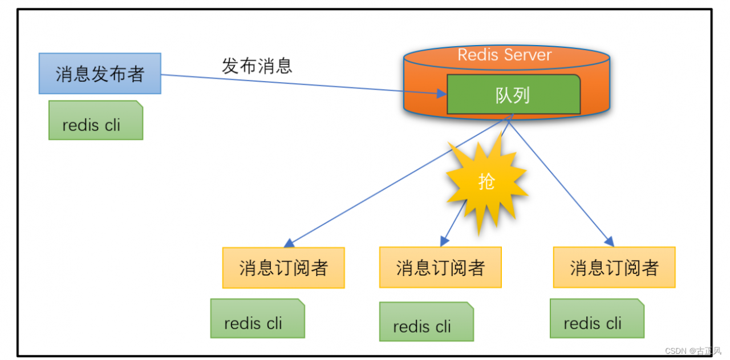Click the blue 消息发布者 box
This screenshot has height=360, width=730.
pyautogui.click(x=100, y=74)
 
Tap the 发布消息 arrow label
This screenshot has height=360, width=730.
pyautogui.click(x=257, y=66)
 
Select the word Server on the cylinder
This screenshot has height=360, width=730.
pyautogui.click(x=529, y=55)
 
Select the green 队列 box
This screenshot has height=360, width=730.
pyautogui.click(x=513, y=95)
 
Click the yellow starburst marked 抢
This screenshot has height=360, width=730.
pyautogui.click(x=486, y=182)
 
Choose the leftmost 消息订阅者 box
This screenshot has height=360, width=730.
pyautogui.click(x=283, y=268)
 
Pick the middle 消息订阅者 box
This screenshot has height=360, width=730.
pyautogui.click(x=440, y=267)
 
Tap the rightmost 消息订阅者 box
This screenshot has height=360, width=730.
pyautogui.click(x=614, y=267)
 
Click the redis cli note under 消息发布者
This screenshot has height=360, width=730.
pyautogui.click(x=95, y=120)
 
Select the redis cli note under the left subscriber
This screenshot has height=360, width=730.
pyautogui.click(x=257, y=318)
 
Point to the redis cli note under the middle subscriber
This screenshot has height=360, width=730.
pyautogui.click(x=426, y=322)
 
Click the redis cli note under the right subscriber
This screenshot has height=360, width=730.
pyautogui.click(x=597, y=318)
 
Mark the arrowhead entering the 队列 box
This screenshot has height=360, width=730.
pyautogui.click(x=441, y=93)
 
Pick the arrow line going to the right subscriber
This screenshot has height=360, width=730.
pyautogui.click(x=562, y=181)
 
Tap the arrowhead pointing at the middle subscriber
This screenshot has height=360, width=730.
pyautogui.click(x=445, y=240)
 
